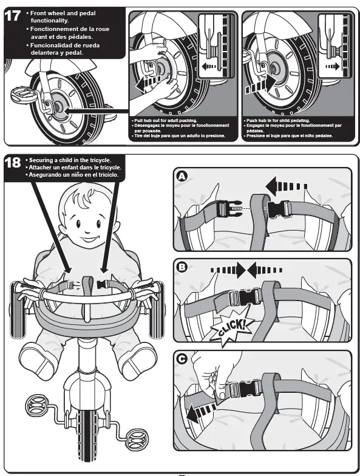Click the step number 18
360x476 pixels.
pyautogui.click(x=12, y=162)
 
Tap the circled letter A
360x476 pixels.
pyautogui.click(x=180, y=175)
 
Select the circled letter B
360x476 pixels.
pyautogui.click(x=180, y=267)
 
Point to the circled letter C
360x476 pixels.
pyautogui.click(x=180, y=359)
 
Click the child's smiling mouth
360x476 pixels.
pyautogui.click(x=89, y=234)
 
